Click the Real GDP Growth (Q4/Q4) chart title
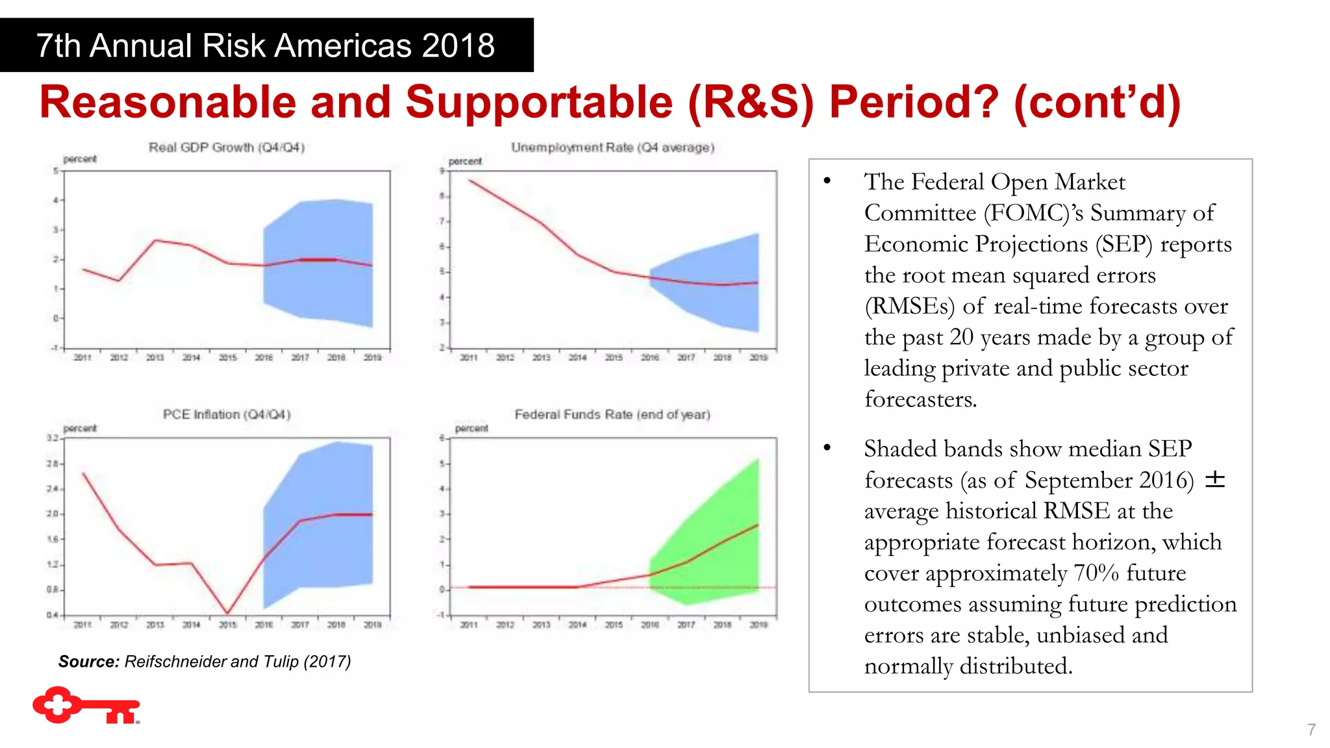point(227,147)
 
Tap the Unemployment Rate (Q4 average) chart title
point(612,147)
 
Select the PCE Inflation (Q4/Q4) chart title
point(227,414)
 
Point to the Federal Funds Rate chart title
point(612,414)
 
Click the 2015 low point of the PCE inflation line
point(227,612)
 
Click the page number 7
point(1311,730)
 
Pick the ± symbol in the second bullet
point(1214,480)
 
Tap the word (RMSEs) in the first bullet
point(909,306)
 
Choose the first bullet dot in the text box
point(827,181)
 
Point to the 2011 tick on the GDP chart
point(82,357)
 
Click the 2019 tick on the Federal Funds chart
point(759,625)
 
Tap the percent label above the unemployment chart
point(465,161)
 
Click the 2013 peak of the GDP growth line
point(155,240)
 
